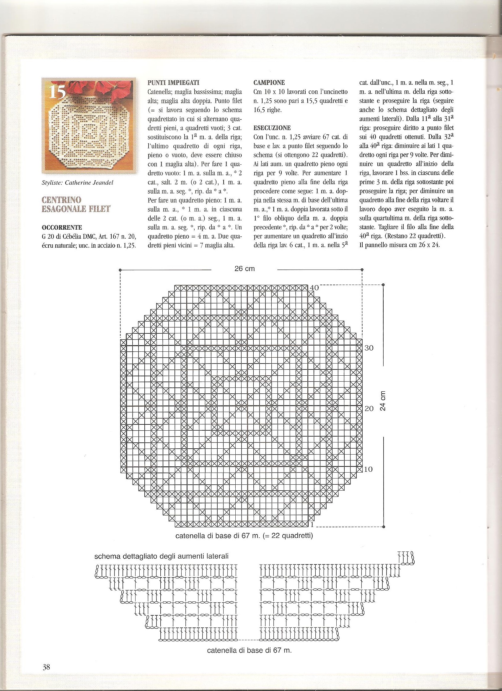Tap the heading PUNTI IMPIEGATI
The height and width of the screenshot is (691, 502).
[x=174, y=82]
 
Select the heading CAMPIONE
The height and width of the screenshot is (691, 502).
[x=269, y=82]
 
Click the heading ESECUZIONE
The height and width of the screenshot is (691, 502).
[x=272, y=128]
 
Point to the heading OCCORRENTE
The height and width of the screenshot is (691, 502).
[x=62, y=227]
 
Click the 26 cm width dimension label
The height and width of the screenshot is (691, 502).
[x=244, y=269]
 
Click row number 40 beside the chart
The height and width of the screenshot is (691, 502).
[x=314, y=288]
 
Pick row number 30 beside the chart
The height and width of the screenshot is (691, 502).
[x=369, y=348]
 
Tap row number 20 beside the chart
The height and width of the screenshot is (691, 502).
[x=369, y=408]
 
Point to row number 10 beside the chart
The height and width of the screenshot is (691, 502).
[x=368, y=469]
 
